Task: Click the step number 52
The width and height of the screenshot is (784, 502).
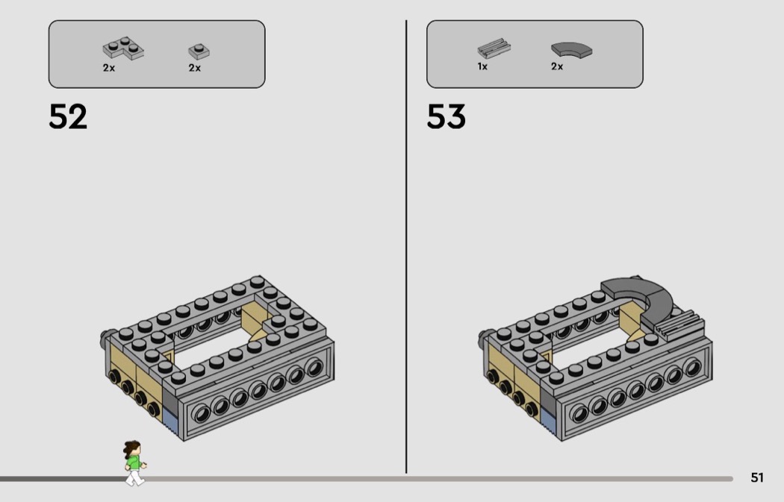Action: click(68, 117)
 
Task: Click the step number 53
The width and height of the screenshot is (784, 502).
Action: click(446, 117)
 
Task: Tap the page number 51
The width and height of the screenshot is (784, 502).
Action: click(757, 477)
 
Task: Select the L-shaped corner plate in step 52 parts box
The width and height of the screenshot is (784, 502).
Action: click(123, 48)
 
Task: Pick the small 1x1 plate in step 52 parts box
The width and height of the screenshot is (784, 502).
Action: click(199, 51)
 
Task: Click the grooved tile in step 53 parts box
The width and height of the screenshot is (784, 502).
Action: click(494, 48)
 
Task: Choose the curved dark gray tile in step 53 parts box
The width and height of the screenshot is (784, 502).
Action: click(571, 49)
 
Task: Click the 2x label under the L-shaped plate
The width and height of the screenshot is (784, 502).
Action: click(109, 68)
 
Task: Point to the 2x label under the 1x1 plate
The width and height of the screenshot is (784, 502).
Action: click(194, 68)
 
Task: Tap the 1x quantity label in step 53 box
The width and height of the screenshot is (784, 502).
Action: click(482, 66)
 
